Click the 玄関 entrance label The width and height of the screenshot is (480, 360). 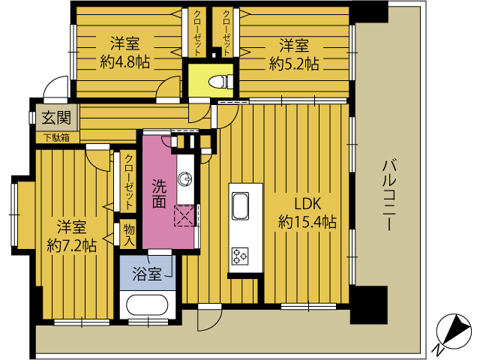(x=56, y=118)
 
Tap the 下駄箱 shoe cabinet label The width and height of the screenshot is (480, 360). (x=56, y=138)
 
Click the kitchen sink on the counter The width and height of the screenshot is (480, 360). (x=240, y=205)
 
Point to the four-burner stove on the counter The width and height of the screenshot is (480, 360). (x=240, y=256)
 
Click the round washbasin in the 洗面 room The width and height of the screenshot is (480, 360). (x=185, y=178)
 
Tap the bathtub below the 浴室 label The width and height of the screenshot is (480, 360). (x=147, y=304)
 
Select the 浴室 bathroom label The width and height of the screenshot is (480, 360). (x=147, y=274)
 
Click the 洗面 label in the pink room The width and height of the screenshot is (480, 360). (x=159, y=193)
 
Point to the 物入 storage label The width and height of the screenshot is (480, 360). (x=129, y=235)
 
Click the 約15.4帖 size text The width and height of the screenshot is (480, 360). (x=307, y=221)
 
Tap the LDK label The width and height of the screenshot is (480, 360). (x=307, y=204)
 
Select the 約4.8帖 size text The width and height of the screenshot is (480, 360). (x=125, y=62)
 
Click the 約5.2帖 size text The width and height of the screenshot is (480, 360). (x=294, y=64)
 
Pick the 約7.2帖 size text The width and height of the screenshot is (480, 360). (x=72, y=245)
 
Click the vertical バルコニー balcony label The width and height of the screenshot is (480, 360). (x=388, y=195)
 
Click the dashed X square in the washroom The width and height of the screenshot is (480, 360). (x=184, y=216)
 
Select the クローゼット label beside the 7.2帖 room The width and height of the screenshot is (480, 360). (x=129, y=181)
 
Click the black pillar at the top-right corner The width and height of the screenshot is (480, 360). (x=369, y=11)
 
